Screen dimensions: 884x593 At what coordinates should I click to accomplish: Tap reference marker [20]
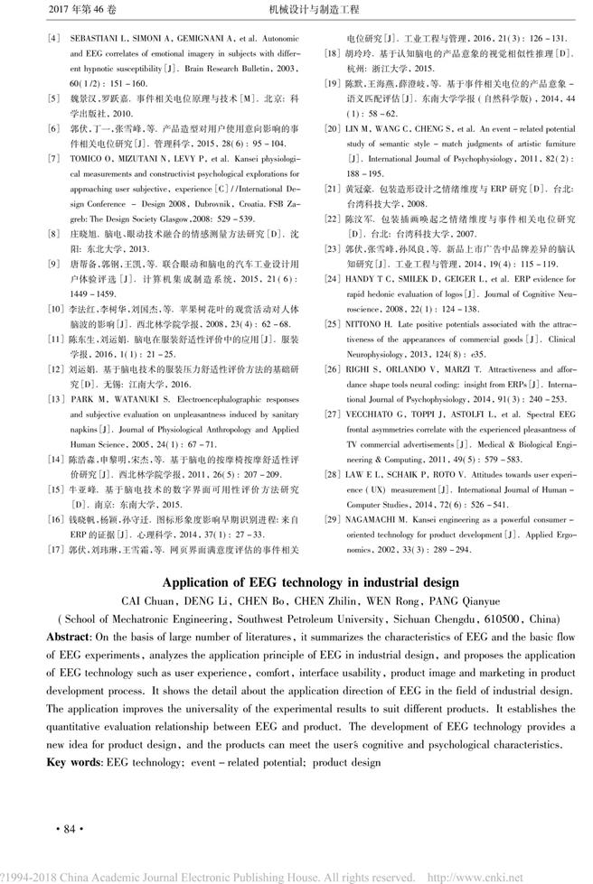tap(334, 129)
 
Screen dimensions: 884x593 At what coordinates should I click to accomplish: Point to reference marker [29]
tap(334, 521)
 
